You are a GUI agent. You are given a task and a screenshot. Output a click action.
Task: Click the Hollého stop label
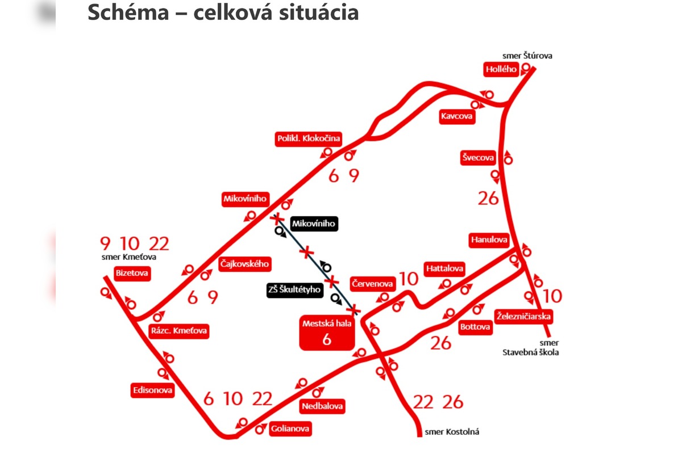[x=501, y=70]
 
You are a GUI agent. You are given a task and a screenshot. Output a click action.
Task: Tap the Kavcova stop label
[x=456, y=117]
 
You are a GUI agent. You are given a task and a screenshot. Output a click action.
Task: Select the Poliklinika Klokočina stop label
[x=308, y=139]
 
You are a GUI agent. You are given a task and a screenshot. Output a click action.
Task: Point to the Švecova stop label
[x=477, y=158]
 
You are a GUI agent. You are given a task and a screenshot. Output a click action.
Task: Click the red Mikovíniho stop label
[x=245, y=199]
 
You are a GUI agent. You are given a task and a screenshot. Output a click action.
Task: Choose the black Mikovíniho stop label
[x=314, y=224]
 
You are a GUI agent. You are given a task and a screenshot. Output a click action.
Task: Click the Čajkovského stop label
[x=244, y=264]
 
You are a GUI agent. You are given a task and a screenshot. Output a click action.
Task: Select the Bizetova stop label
[x=132, y=274]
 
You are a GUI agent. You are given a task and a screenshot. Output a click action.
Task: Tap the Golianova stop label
[x=290, y=429]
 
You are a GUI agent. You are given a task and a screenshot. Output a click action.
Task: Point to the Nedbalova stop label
[x=323, y=406]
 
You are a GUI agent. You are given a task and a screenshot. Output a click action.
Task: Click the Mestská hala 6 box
[x=327, y=334]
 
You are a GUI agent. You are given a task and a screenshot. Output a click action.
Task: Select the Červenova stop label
[x=372, y=283]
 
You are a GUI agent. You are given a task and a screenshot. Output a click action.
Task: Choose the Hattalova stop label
[x=444, y=268]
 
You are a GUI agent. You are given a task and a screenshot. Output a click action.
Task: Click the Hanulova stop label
[x=489, y=240]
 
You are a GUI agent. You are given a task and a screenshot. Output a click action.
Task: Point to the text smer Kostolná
[x=452, y=432]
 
